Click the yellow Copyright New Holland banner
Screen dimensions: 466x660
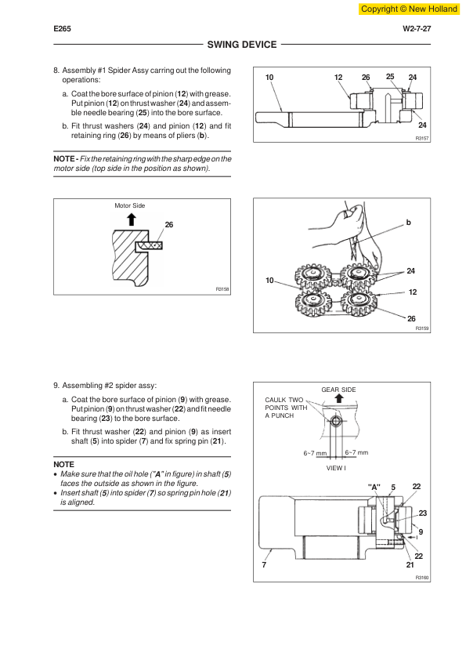[x=409, y=9]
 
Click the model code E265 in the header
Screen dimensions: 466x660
[x=62, y=29]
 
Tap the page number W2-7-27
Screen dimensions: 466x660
[x=417, y=29]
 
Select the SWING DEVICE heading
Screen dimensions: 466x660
[x=242, y=44]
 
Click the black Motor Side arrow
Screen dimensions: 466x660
[x=132, y=219]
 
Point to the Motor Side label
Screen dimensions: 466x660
[x=129, y=205]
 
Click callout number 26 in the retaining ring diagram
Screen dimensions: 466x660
[x=169, y=225]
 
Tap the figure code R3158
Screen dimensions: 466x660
[x=222, y=289]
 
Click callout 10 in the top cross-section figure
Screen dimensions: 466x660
[x=269, y=77]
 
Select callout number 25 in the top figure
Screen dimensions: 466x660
[x=390, y=77]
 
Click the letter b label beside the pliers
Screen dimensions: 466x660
[x=408, y=223]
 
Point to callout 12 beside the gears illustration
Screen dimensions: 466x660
[x=413, y=292]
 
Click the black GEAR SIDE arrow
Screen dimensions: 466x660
[x=339, y=398]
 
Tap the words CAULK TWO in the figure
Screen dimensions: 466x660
[x=284, y=400]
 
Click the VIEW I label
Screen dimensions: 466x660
[x=336, y=468]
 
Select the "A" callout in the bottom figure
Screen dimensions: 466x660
[x=374, y=487]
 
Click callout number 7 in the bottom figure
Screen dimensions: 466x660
[x=264, y=565]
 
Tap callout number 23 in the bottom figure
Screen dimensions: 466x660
[x=423, y=513]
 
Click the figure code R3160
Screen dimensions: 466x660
[x=422, y=578]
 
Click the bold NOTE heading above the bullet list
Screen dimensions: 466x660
[x=63, y=464]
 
